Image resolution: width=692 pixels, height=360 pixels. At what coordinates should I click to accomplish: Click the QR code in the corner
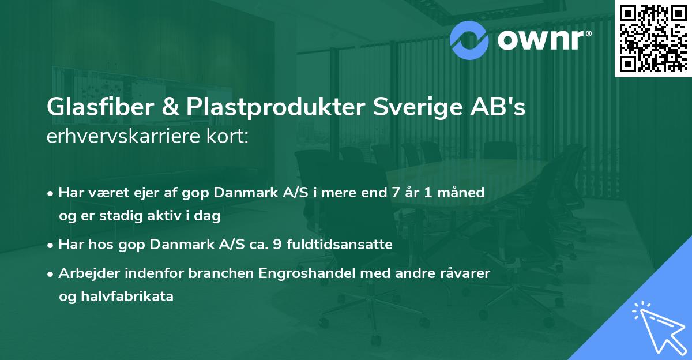[653, 38]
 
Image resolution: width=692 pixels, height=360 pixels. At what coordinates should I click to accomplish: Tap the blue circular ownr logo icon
[470, 39]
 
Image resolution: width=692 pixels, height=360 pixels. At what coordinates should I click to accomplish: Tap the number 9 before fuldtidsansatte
[277, 245]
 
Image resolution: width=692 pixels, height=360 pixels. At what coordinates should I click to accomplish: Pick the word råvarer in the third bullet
[464, 273]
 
